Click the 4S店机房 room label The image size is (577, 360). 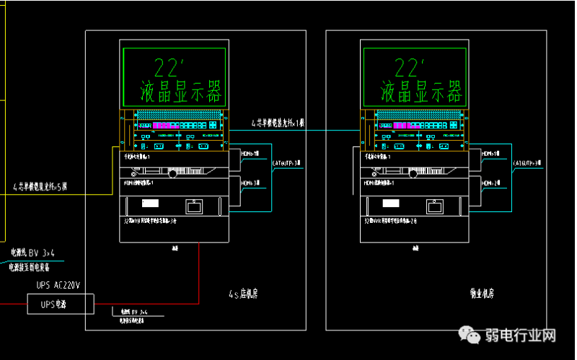(244, 294)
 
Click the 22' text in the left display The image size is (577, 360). (172, 69)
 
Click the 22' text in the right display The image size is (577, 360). (412, 69)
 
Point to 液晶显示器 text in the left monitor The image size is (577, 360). (180, 92)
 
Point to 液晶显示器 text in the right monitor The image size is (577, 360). (420, 92)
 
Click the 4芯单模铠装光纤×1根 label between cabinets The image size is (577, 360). (278, 123)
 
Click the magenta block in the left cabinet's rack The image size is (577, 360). (160, 126)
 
